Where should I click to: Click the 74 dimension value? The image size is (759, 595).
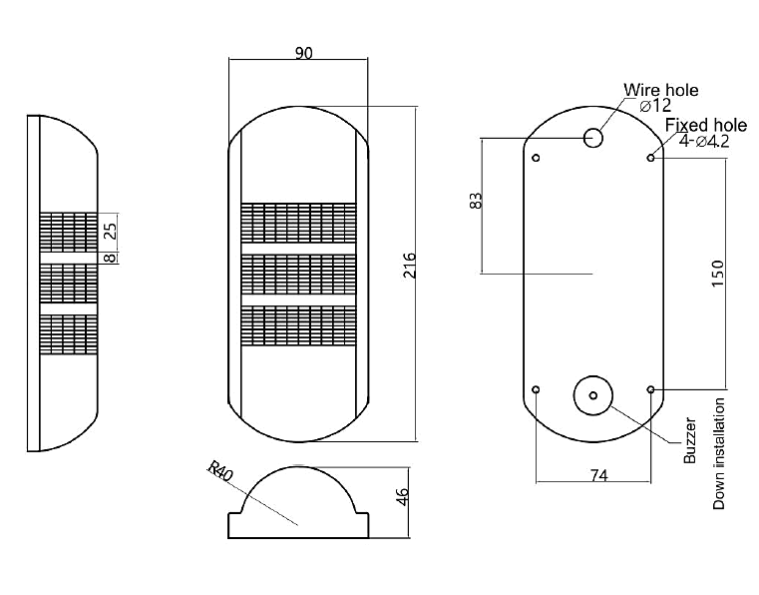tap(596, 476)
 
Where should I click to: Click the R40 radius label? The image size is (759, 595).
tap(219, 471)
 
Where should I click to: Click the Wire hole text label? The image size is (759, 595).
tap(661, 90)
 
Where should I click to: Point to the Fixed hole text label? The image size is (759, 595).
tap(706, 125)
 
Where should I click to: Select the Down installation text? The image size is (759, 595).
tap(718, 454)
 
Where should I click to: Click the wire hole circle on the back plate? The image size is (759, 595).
tap(594, 137)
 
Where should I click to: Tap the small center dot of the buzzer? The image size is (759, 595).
tap(592, 396)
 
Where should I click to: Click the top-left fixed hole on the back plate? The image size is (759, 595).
tap(537, 158)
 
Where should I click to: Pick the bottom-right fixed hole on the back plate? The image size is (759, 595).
tap(650, 388)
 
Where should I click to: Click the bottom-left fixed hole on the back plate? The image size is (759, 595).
tap(537, 388)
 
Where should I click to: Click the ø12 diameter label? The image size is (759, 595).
tap(655, 106)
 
